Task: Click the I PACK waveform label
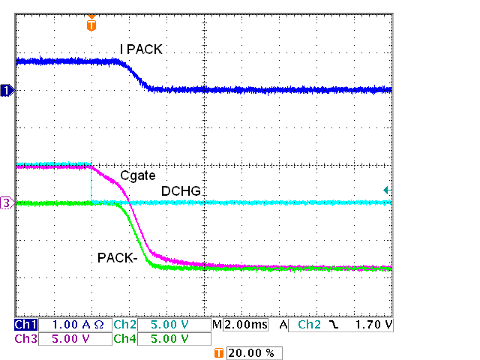click(x=141, y=49)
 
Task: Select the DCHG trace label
click(x=180, y=191)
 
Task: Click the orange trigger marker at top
click(x=91, y=25)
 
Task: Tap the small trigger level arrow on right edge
click(x=386, y=190)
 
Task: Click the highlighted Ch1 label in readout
click(x=25, y=325)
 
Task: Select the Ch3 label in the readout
click(x=25, y=339)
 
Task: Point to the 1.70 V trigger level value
click(x=373, y=325)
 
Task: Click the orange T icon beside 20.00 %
click(x=219, y=352)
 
